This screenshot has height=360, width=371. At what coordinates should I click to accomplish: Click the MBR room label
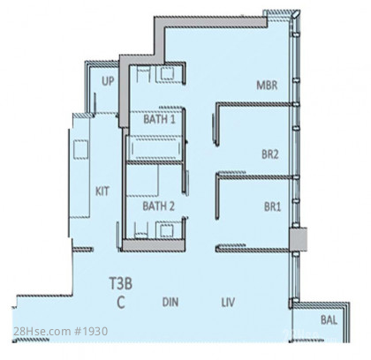point(267,86)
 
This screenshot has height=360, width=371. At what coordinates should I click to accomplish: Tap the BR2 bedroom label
point(270,154)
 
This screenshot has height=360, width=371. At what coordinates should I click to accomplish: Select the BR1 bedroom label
point(272,206)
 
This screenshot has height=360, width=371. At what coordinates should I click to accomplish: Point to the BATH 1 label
point(159,119)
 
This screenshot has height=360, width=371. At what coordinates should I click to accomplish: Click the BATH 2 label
point(158,206)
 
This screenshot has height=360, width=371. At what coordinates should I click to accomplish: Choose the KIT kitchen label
point(102,191)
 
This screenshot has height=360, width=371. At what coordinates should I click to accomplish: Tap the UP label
point(108,81)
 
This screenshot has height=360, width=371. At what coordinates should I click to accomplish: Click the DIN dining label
point(170,302)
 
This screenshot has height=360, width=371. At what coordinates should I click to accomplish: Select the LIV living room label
point(228,302)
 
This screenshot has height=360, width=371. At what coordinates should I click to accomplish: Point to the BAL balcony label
point(329,319)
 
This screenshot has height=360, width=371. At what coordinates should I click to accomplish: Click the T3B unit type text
point(121,283)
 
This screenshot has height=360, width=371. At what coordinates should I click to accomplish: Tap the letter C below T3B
point(121,302)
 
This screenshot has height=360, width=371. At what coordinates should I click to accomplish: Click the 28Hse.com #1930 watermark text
point(60,332)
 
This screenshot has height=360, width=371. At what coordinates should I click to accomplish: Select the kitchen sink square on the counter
point(80,149)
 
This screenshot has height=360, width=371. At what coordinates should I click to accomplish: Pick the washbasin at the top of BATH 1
point(167,73)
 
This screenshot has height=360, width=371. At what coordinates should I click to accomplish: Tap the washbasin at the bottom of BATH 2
point(166,229)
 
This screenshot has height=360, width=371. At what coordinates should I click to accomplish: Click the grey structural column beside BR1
point(298,239)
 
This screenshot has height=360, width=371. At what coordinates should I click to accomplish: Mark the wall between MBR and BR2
point(254,104)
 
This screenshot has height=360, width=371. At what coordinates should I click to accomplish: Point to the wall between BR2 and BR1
point(254,176)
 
